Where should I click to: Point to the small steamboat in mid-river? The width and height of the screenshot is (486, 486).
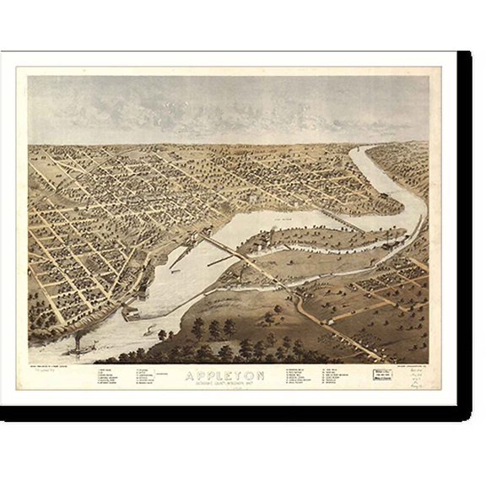tap(150, 331)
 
